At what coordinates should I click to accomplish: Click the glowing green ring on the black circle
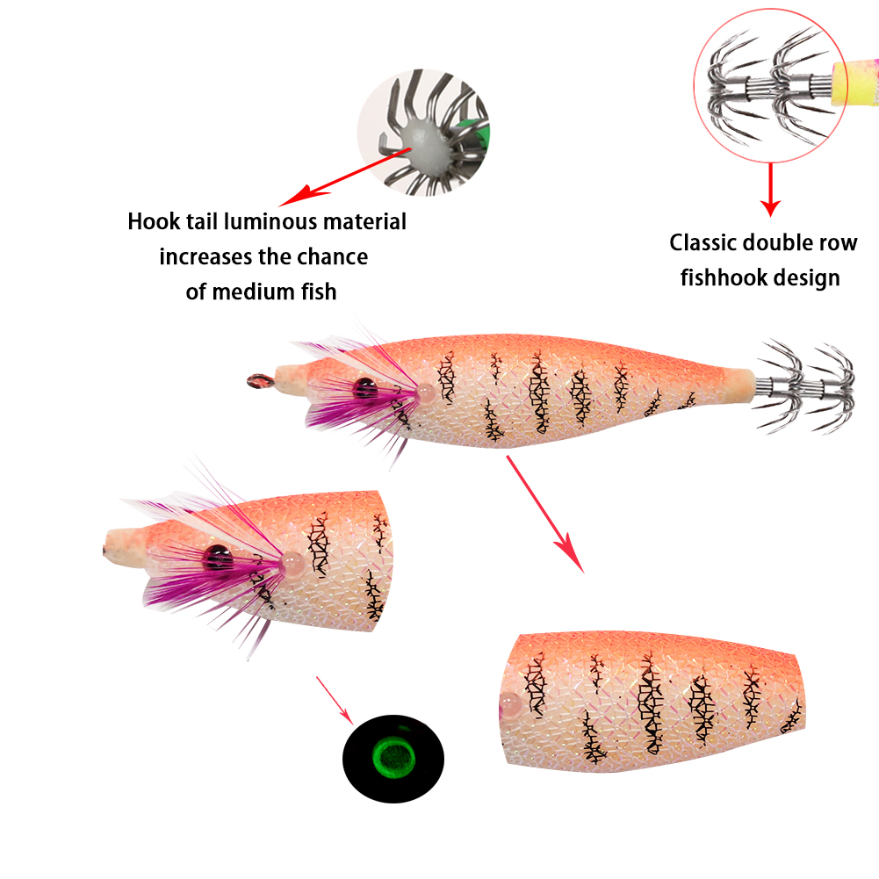pyautogui.click(x=393, y=753)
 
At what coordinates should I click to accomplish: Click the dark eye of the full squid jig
pyautogui.click(x=363, y=385)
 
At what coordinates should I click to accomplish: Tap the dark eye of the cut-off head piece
pyautogui.click(x=216, y=555)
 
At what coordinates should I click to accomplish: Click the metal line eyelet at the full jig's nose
pyautogui.click(x=258, y=380)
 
